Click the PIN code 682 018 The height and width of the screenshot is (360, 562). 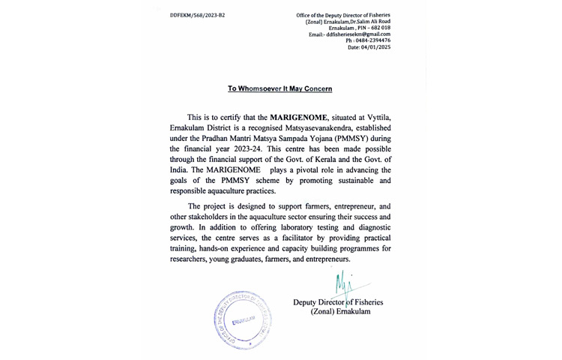(376, 28)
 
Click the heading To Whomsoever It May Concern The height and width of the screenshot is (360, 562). (280, 88)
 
